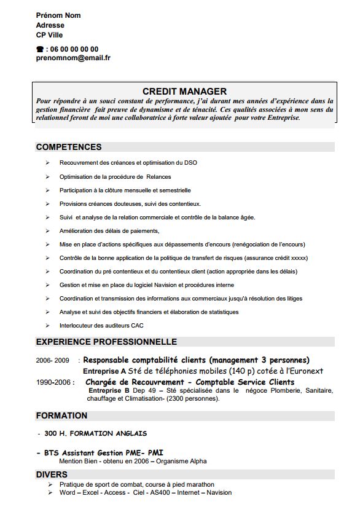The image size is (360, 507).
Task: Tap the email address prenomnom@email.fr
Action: pos(73,58)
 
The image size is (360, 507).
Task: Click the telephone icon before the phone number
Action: pos(40,49)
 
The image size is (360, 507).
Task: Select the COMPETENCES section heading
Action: pos(69,147)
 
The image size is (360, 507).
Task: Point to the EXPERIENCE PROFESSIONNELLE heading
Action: pos(106,342)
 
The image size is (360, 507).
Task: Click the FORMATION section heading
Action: pos(61,415)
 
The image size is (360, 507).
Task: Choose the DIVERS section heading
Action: pos(52,474)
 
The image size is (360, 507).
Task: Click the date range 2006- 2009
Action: pos(52,360)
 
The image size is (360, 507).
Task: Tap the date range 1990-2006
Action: pos(55,382)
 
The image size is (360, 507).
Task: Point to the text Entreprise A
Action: pos(104,371)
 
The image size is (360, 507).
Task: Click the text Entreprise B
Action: pos(109,390)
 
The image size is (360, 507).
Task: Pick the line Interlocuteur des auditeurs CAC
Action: pos(101,325)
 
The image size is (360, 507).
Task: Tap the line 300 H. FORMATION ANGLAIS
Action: pos(95,433)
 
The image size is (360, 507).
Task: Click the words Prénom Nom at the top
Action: pos(58,15)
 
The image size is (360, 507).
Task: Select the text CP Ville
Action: pos(49,35)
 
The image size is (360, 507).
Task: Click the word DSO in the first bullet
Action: pos(190,162)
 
